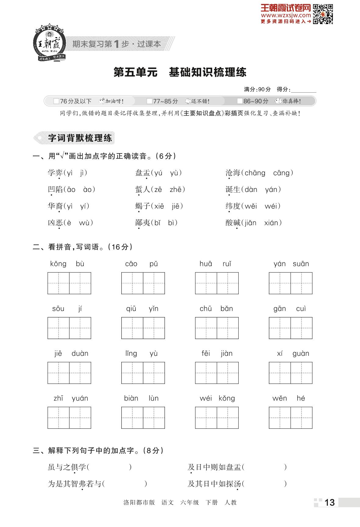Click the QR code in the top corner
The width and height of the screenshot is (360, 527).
pyautogui.click(x=323, y=14)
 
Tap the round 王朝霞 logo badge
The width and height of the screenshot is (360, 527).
pyautogui.click(x=49, y=43)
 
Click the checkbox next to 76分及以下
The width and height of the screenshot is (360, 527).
pyautogui.click(x=56, y=101)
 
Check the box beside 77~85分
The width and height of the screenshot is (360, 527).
pyautogui.click(x=149, y=101)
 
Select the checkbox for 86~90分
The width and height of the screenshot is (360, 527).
pyautogui.click(x=240, y=101)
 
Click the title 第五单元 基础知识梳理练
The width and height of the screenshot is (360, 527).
pyautogui.click(x=180, y=72)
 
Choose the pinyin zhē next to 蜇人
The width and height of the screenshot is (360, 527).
pyautogui.click(x=176, y=189)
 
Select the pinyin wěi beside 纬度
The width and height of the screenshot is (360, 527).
pyautogui.click(x=251, y=206)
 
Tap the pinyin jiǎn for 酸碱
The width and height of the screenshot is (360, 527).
pyautogui.click(x=250, y=223)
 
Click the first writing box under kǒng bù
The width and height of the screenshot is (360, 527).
pyautogui.click(x=59, y=283)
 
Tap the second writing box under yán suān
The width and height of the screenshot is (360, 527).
pyautogui.click(x=301, y=283)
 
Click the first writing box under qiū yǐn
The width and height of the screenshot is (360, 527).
pyautogui.click(x=132, y=328)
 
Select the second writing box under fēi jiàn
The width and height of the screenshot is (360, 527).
pyautogui.click(x=228, y=373)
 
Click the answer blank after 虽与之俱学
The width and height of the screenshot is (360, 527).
pyautogui.click(x=110, y=467)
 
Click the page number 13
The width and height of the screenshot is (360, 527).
pyautogui.click(x=330, y=502)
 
